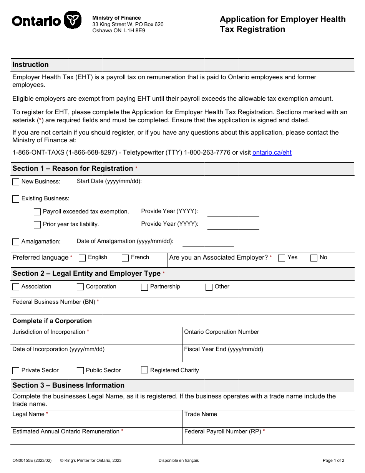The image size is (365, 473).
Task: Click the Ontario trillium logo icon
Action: [x=72, y=20]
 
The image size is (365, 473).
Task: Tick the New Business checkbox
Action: [x=16, y=182]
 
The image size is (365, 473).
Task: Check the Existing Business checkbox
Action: [x=16, y=199]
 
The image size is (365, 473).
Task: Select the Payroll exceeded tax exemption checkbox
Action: [x=37, y=212]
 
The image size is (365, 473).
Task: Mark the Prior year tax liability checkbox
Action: [x=37, y=225]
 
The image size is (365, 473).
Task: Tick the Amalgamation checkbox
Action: [x=16, y=242]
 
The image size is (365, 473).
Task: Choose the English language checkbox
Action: [x=82, y=258]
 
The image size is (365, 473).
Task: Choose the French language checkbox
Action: [x=125, y=258]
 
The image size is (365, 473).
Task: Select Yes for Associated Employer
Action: [x=282, y=258]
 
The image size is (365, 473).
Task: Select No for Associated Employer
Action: [x=314, y=258]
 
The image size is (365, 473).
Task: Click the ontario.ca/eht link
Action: [x=272, y=153]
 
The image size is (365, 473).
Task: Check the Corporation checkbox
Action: [x=80, y=287]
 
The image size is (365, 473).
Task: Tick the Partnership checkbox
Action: [x=144, y=287]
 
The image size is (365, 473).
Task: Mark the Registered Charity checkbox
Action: [x=144, y=370]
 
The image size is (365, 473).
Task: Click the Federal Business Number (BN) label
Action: [x=54, y=302]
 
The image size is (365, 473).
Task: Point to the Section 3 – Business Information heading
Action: [x=68, y=385]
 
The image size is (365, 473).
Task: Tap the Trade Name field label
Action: [x=201, y=414]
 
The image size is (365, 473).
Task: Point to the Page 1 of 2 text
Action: [x=333, y=460]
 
